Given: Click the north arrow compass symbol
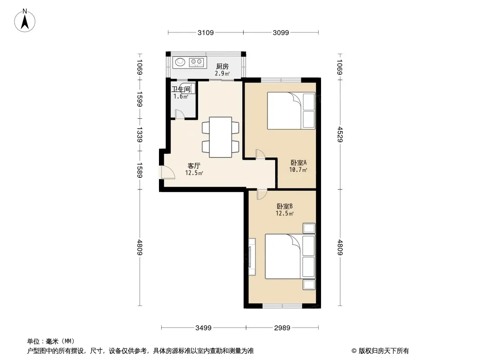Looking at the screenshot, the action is [x=25, y=21].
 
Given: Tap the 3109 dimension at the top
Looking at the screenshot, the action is [x=205, y=32].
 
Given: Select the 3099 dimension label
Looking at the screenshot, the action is [x=281, y=32].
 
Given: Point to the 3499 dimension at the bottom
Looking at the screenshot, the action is [x=204, y=328].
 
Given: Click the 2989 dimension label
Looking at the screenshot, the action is [x=282, y=328].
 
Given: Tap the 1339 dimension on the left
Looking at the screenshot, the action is [x=140, y=135].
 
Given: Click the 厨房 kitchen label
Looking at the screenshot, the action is [x=222, y=66].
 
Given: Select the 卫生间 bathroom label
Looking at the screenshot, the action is [x=181, y=89].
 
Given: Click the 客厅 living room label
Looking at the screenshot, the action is [x=194, y=166].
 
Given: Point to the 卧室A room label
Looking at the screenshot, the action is [x=299, y=163].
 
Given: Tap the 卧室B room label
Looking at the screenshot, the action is [x=285, y=207].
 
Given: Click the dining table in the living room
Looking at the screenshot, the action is [x=220, y=137].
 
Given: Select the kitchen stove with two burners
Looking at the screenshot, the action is [x=196, y=62].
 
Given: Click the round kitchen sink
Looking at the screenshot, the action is [x=180, y=62].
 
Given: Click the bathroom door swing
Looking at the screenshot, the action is [x=180, y=114].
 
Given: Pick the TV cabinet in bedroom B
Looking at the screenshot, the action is [x=252, y=257].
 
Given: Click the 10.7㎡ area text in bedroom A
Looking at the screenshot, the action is [x=298, y=170].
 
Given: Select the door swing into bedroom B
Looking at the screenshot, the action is [x=262, y=194].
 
